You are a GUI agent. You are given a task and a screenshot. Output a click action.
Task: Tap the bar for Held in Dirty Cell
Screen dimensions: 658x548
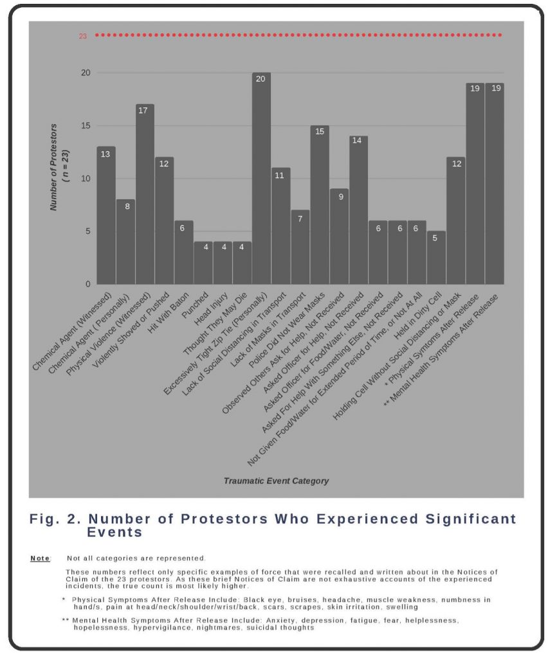tap(435, 258)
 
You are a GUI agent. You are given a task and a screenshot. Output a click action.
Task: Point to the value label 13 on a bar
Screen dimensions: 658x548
tap(105, 154)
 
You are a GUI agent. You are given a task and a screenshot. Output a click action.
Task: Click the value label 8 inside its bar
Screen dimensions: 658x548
tap(125, 206)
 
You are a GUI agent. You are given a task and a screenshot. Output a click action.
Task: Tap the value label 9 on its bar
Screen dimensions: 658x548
tap(338, 196)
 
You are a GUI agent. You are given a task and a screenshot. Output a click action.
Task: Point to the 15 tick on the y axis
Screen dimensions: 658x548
tap(84, 125)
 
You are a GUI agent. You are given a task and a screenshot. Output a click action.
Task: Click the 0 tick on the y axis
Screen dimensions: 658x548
tap(87, 284)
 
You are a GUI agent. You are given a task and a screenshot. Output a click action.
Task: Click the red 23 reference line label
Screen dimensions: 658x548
tap(83, 36)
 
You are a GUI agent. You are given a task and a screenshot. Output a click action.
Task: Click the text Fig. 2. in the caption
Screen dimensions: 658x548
tap(52, 519)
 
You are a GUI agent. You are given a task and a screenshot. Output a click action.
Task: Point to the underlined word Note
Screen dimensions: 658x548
tap(40, 558)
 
